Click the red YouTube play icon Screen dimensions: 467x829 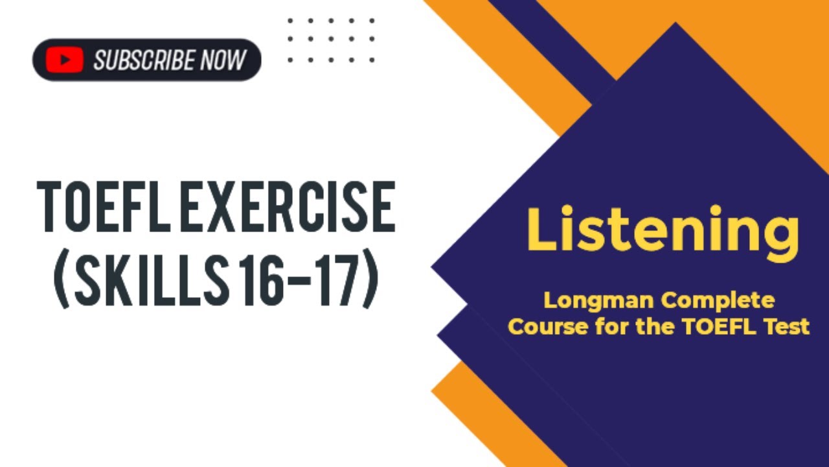64,60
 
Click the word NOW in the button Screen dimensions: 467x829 223,60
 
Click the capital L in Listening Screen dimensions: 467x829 543,228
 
